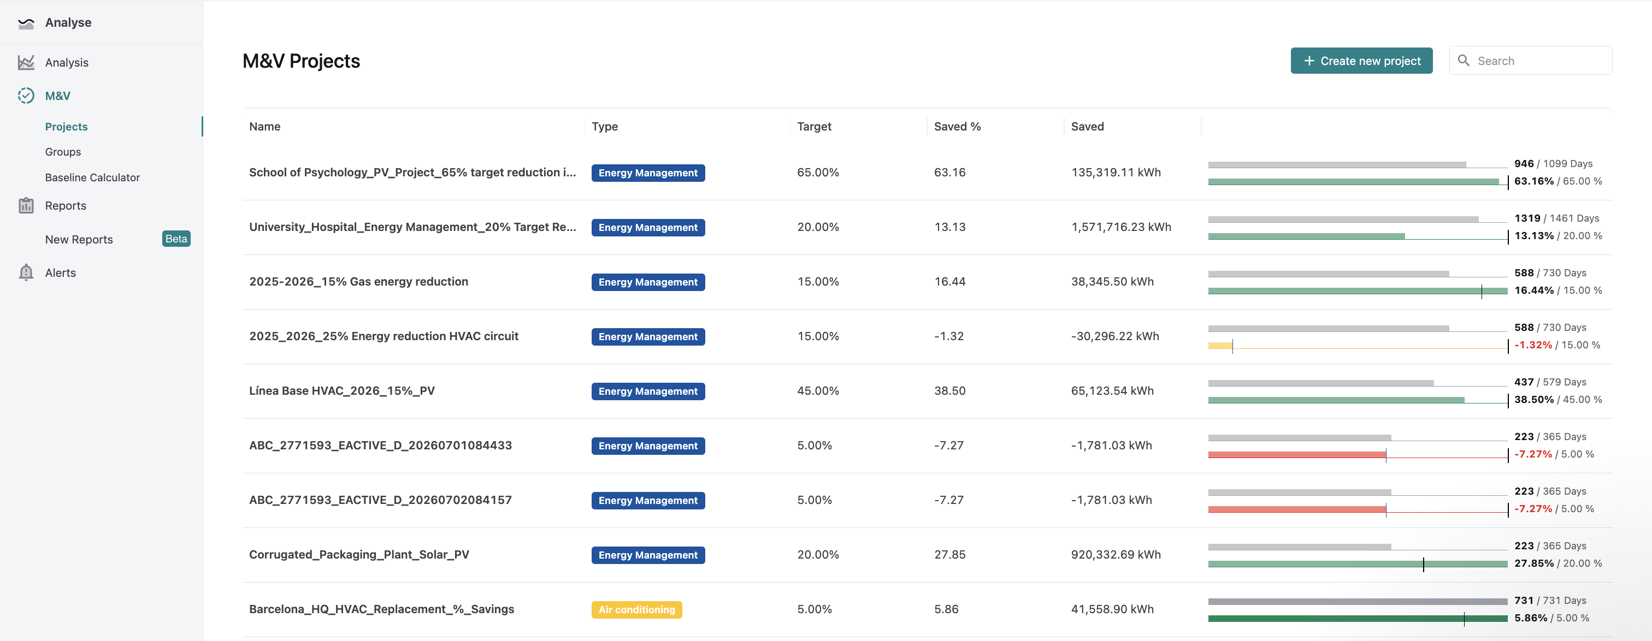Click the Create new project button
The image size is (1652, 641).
(x=1361, y=61)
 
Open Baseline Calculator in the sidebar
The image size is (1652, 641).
(x=92, y=177)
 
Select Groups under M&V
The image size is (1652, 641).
(x=63, y=152)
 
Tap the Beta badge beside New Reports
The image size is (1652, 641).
(x=176, y=239)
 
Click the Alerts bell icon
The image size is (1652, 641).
(x=26, y=272)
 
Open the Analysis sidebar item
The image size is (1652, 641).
(x=67, y=63)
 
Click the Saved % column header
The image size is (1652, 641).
(x=957, y=126)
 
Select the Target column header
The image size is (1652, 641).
(x=814, y=126)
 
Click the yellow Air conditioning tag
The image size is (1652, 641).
(x=636, y=609)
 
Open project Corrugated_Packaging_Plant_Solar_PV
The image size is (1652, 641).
(x=359, y=555)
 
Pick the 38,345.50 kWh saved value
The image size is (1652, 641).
(x=1112, y=281)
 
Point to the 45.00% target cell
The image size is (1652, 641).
(x=818, y=390)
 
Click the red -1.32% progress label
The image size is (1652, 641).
(x=1533, y=345)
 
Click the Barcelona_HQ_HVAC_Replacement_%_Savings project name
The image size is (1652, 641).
(x=381, y=609)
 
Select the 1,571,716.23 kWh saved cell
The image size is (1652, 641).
(x=1121, y=227)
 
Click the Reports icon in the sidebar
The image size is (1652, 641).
(x=26, y=205)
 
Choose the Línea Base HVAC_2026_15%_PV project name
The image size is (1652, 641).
(x=342, y=390)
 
